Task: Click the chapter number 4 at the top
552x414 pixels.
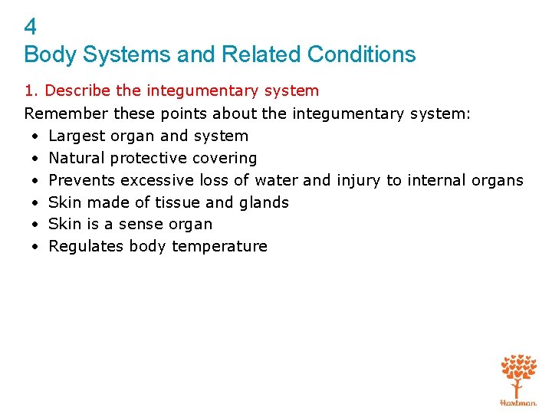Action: [x=31, y=28]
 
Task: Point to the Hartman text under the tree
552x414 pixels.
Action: [x=518, y=402]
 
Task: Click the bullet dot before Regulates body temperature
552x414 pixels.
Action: [x=36, y=247]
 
